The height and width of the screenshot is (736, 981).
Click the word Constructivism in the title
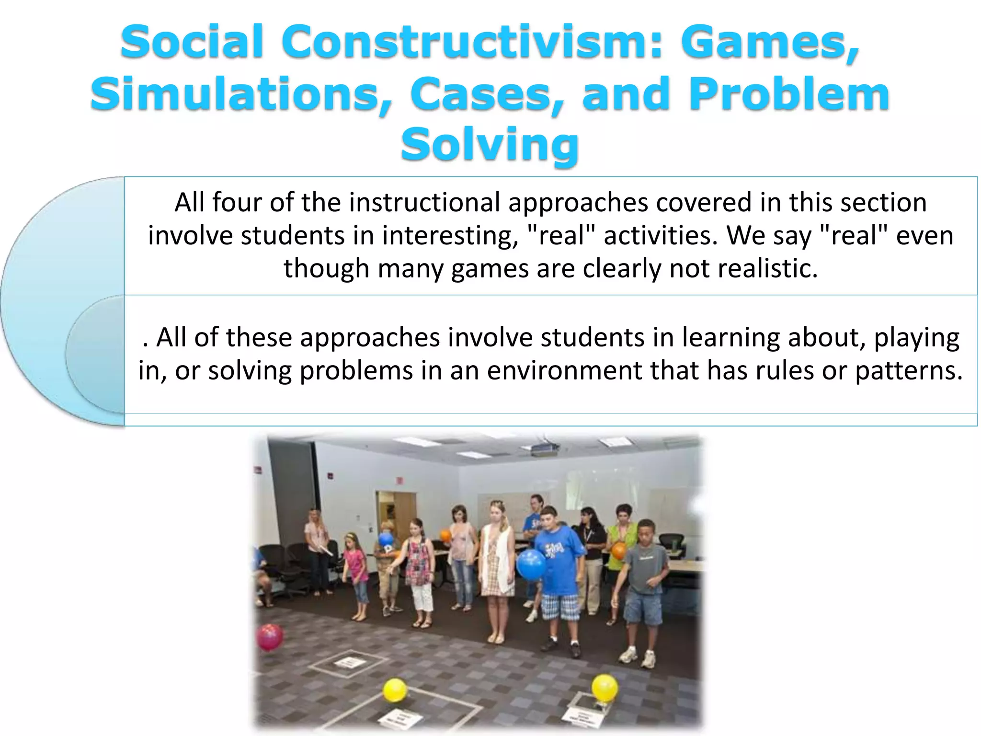coord(465,42)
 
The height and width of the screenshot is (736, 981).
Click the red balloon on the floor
coord(270,637)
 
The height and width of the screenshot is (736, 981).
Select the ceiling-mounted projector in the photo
coord(546,448)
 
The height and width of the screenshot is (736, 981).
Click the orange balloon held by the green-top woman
coord(618,551)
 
